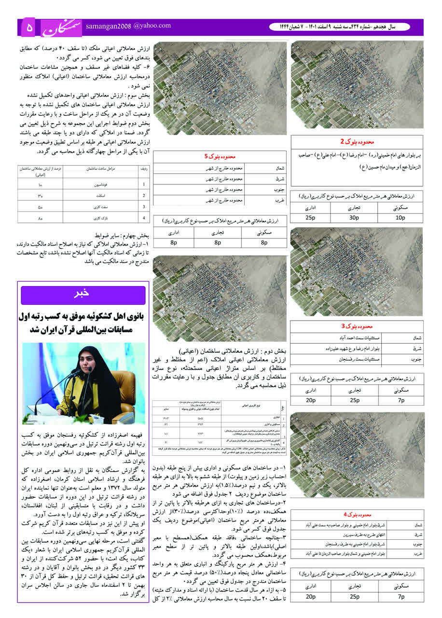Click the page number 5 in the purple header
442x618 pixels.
[29, 28]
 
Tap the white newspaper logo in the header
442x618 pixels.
[60, 28]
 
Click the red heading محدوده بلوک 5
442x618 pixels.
[220, 157]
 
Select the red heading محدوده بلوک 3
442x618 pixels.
[357, 326]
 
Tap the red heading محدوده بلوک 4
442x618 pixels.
[357, 514]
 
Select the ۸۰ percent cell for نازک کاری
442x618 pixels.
[40, 218]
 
